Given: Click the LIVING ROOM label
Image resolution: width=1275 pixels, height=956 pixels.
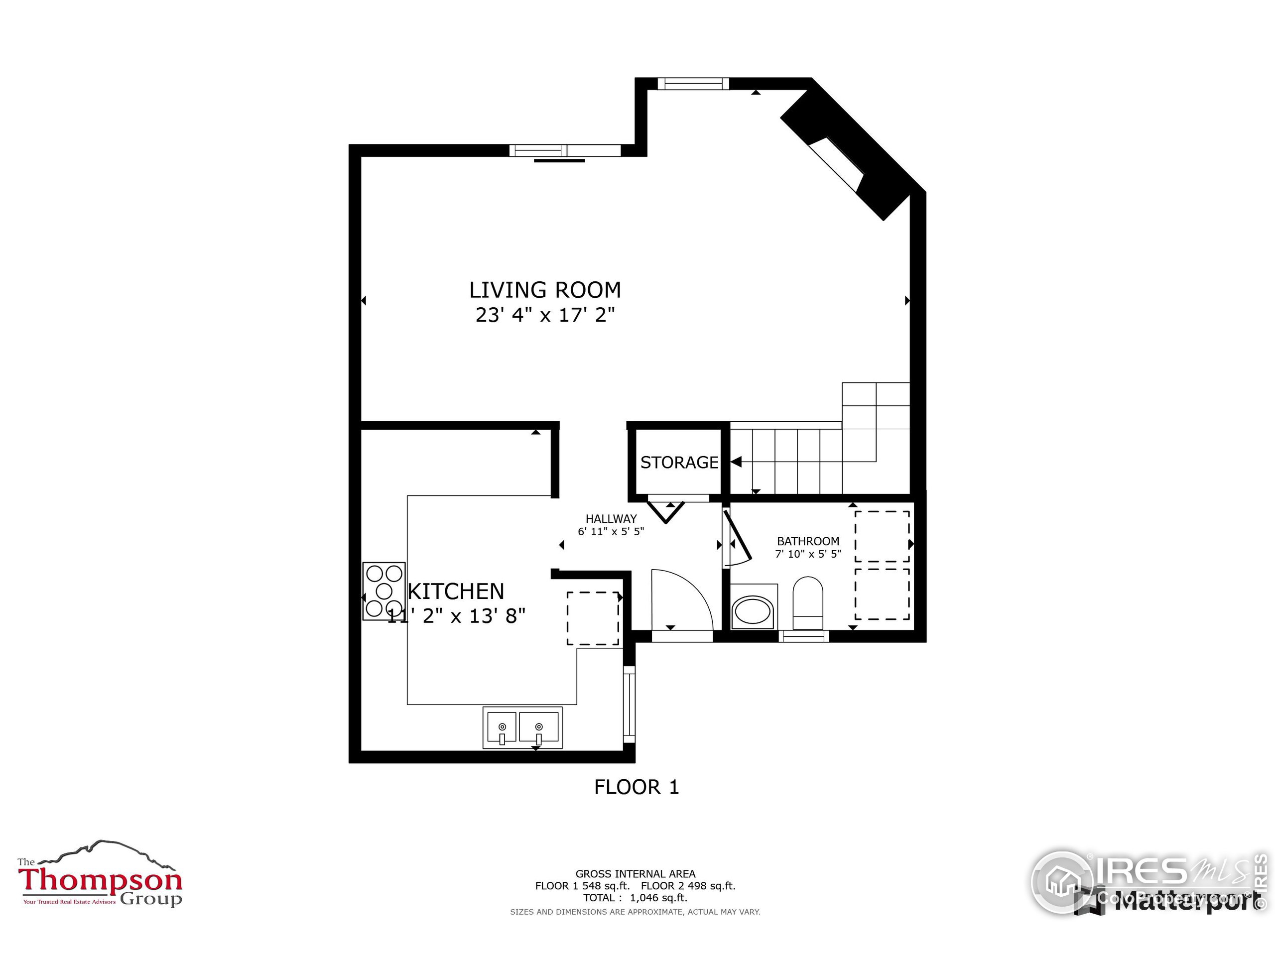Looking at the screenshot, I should click(x=545, y=290).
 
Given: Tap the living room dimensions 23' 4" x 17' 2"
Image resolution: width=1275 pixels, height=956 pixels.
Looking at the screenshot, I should click(x=545, y=315).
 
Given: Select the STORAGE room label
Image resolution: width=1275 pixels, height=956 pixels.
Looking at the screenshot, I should click(x=679, y=463).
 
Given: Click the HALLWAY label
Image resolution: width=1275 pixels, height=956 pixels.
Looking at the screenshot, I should click(x=611, y=519).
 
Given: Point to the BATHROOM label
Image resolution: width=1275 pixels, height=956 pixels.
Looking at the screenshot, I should click(x=807, y=541).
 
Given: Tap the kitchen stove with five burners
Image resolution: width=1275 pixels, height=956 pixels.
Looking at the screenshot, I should click(x=384, y=591).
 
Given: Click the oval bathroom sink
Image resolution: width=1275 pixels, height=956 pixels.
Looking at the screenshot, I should click(x=753, y=612).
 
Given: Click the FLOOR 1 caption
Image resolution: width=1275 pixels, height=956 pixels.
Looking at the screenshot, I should click(x=637, y=787).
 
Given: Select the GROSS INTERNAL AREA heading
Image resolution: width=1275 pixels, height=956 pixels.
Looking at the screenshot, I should click(x=635, y=874).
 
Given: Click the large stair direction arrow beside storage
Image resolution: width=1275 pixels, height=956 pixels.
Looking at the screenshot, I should click(x=736, y=462).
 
